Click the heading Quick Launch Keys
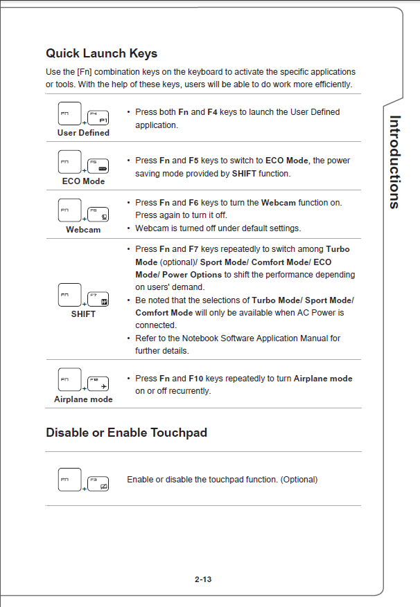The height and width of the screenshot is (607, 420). [102, 53]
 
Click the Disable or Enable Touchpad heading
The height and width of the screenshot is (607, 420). [126, 433]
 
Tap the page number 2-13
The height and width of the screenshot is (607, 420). [203, 579]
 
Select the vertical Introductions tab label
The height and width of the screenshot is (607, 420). [394, 162]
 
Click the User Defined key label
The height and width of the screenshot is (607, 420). [83, 133]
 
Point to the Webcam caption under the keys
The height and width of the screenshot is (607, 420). [83, 230]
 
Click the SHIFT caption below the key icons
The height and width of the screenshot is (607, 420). [83, 314]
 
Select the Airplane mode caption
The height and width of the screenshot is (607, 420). [83, 399]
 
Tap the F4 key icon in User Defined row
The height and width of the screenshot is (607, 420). [98, 118]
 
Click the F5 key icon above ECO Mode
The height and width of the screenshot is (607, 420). [98, 166]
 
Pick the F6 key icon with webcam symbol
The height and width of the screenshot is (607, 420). [98, 215]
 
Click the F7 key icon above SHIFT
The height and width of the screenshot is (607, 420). [98, 299]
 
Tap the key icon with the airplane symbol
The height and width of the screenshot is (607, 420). [98, 383]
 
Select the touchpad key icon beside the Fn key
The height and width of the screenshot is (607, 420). [98, 484]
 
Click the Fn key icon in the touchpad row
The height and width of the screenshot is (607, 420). [70, 479]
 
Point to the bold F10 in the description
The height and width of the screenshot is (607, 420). [196, 378]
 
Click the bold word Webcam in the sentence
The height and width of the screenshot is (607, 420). [279, 203]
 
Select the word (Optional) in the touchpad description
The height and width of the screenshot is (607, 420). [299, 479]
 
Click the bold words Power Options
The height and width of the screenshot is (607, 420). [192, 275]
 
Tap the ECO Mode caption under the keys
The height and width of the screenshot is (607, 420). [83, 181]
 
